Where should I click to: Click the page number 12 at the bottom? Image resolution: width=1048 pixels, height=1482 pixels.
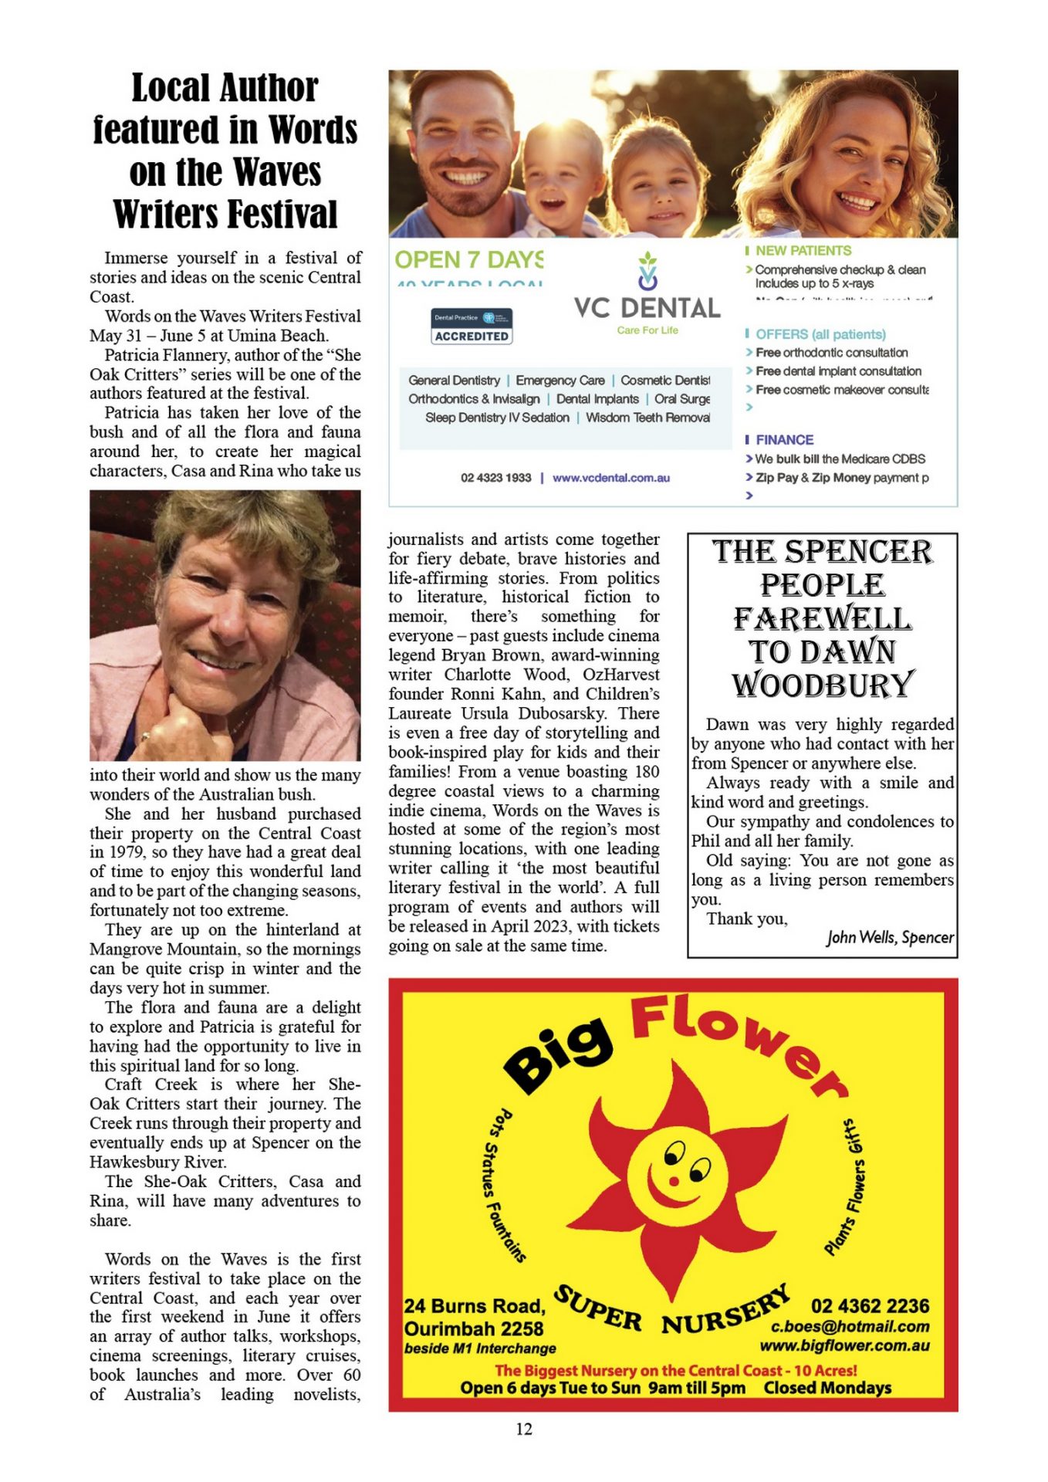tap(524, 1429)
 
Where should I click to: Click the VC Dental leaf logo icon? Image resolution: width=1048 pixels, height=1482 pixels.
tap(647, 271)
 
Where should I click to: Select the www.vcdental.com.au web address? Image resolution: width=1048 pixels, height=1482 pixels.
tap(611, 478)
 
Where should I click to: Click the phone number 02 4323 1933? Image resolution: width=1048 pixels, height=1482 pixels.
tap(496, 478)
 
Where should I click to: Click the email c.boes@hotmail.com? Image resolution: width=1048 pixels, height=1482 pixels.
tap(850, 1326)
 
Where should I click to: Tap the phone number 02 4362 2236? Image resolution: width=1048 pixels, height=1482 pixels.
tap(870, 1306)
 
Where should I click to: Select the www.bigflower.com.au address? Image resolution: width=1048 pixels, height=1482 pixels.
tap(844, 1346)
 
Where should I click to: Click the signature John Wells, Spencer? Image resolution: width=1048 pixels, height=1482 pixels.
tap(890, 937)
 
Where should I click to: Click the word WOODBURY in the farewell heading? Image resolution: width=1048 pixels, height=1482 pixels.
tap(823, 685)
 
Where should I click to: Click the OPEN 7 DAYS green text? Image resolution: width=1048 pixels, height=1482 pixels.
tap(468, 259)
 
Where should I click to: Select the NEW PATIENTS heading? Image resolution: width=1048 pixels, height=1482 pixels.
tap(803, 251)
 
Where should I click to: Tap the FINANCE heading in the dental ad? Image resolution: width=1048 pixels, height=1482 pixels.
tap(784, 440)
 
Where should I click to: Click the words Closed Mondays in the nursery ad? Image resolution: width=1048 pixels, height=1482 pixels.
tap(827, 1388)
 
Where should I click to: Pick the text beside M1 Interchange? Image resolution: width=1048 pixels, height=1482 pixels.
tap(480, 1348)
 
